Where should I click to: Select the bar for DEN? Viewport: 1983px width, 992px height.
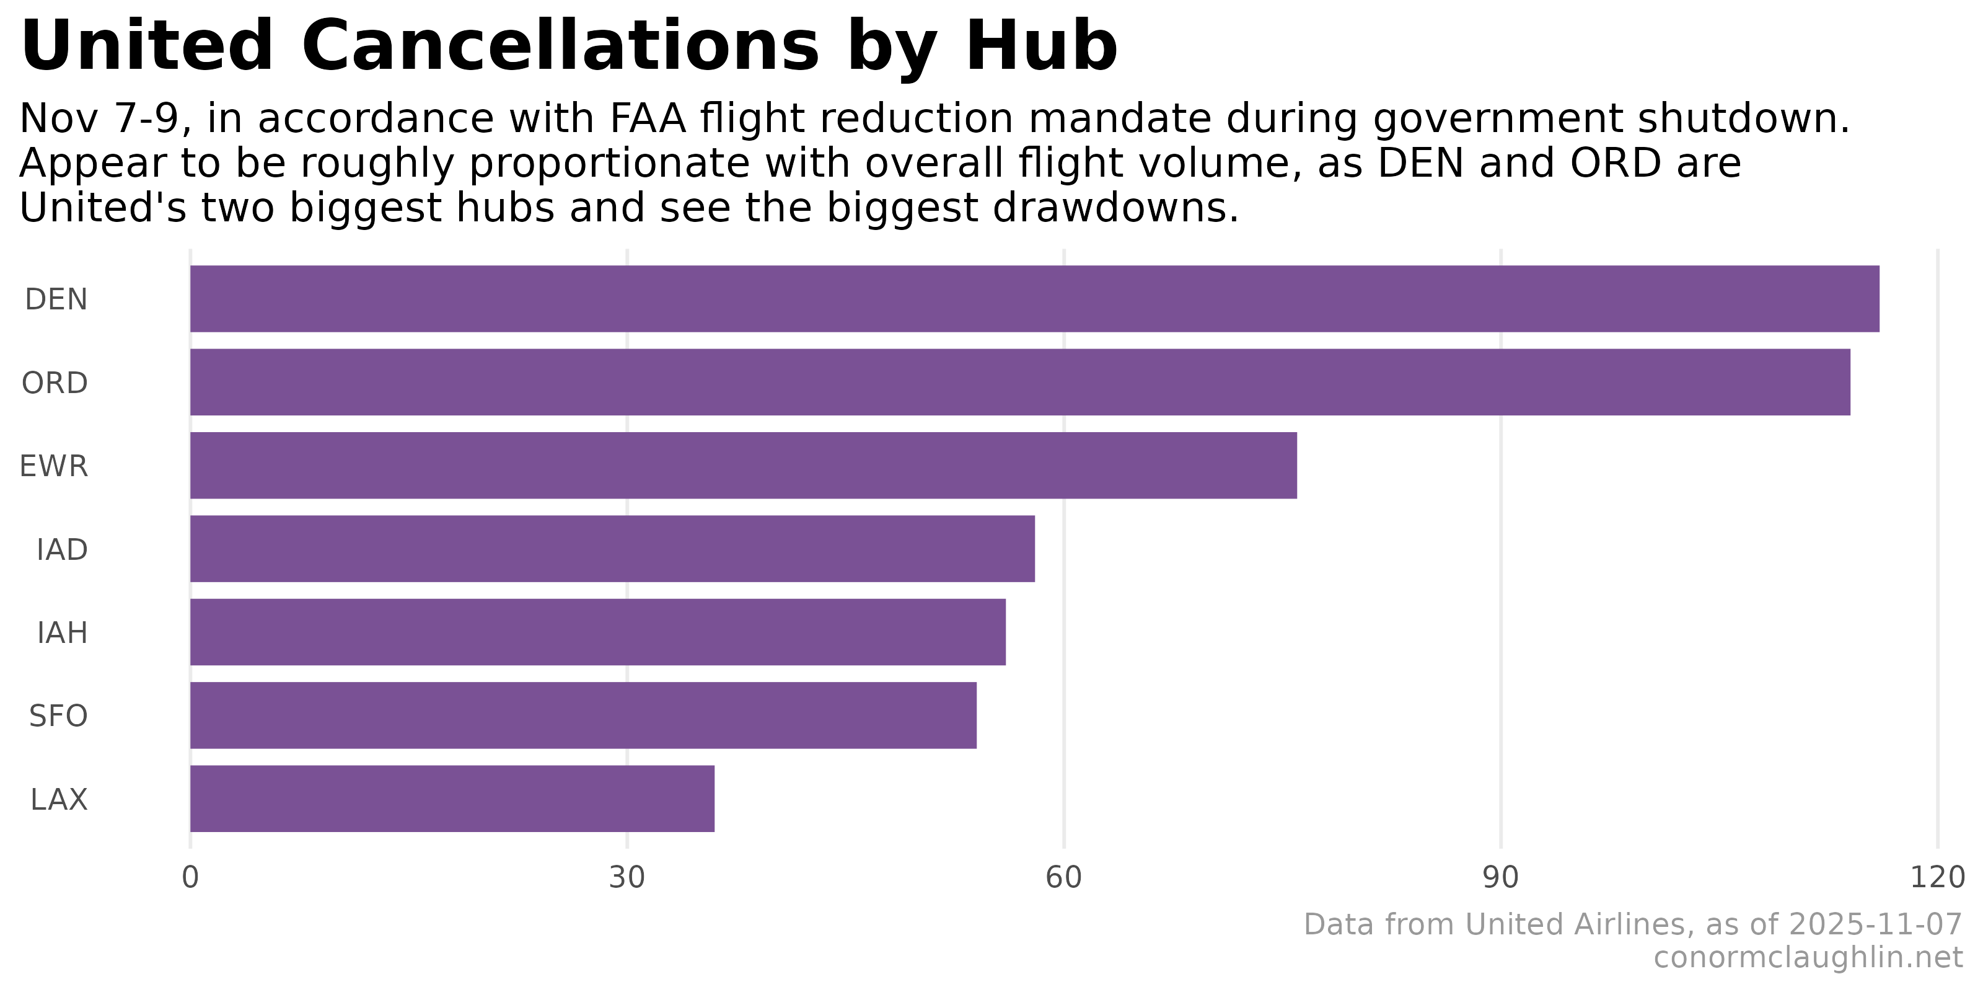(x=1035, y=299)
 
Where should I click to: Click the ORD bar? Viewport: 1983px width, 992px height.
(x=1020, y=382)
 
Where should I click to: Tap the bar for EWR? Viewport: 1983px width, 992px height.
(x=744, y=465)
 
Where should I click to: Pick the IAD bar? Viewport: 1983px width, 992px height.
(x=613, y=548)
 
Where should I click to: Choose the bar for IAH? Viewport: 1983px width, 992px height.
(x=598, y=632)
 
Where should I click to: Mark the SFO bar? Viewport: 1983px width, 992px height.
(x=584, y=715)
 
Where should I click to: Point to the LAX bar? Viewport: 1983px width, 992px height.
(x=452, y=799)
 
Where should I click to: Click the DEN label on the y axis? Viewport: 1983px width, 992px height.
(x=56, y=299)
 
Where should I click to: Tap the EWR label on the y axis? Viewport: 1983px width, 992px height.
(x=54, y=467)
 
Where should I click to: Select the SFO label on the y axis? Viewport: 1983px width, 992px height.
(x=58, y=716)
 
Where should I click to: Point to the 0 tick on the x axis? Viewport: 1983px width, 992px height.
(x=190, y=878)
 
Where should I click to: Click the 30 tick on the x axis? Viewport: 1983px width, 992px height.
(x=627, y=878)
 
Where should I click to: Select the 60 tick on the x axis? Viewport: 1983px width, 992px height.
(x=1064, y=878)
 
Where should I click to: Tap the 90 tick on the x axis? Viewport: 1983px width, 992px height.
(x=1500, y=878)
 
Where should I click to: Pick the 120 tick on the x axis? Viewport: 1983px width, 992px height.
(x=1937, y=878)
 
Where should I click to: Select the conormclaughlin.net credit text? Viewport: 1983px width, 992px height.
(x=1808, y=958)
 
